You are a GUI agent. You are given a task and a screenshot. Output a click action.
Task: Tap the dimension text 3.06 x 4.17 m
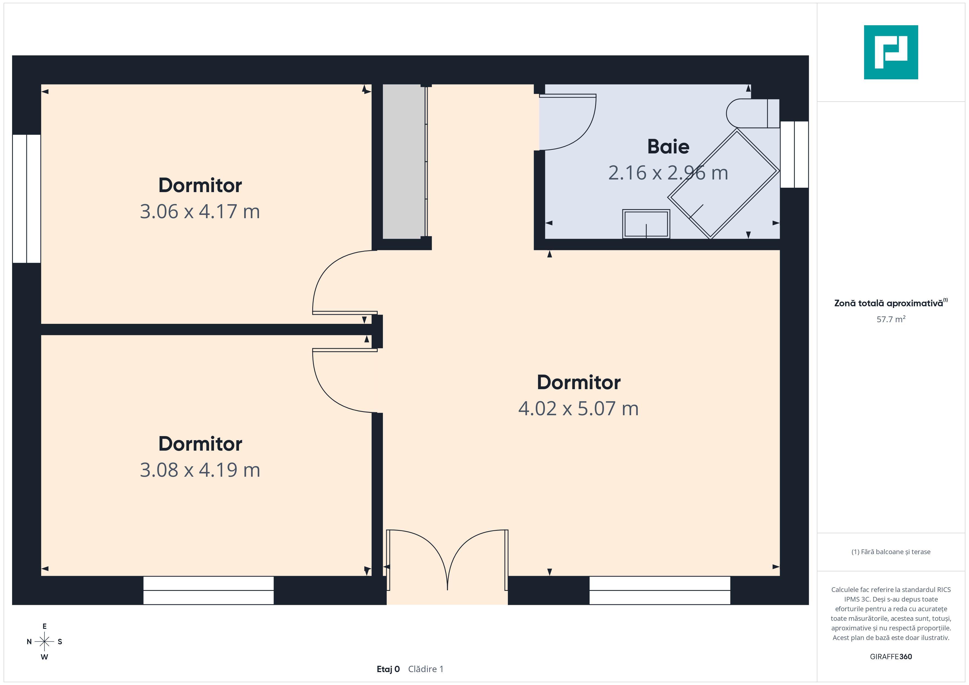pos(200,211)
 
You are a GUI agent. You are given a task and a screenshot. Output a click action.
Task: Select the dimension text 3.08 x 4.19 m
pos(200,470)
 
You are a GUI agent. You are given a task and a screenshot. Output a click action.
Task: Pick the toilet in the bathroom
pos(753,113)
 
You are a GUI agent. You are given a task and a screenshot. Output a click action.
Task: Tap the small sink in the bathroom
pos(646,224)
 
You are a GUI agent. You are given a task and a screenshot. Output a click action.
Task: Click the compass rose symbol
pos(44,642)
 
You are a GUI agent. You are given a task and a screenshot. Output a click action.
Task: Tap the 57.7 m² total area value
pos(891,319)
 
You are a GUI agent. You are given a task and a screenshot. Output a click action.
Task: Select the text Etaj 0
pos(388,669)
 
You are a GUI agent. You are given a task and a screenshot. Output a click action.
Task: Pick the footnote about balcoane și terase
pos(891,552)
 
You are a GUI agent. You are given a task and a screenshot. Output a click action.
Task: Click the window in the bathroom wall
pos(794,155)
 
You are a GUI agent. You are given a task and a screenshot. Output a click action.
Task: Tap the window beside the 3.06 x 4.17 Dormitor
pos(27,199)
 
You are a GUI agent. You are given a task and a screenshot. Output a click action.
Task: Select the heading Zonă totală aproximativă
pos(890,303)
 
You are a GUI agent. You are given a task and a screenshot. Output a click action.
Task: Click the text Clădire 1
pos(426,669)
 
